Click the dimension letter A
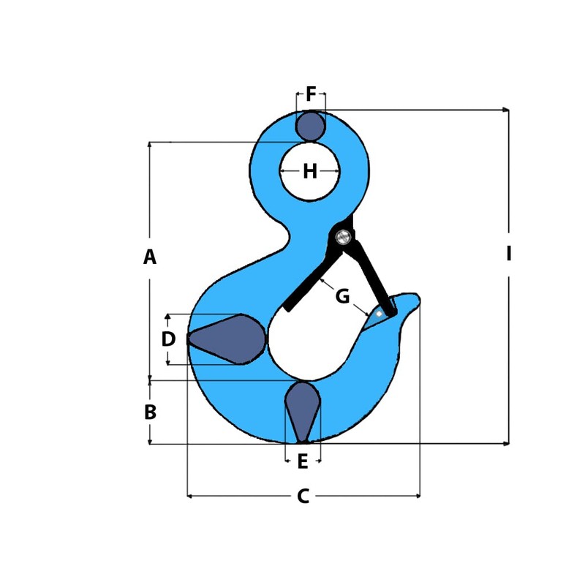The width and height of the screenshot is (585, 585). (x=150, y=257)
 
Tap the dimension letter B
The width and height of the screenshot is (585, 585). (x=150, y=412)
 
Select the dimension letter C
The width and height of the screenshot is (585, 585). (x=303, y=497)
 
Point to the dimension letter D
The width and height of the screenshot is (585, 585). (x=168, y=339)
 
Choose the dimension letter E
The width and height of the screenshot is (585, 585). (x=303, y=462)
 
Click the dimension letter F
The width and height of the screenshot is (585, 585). (x=311, y=95)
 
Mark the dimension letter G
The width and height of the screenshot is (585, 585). (x=342, y=297)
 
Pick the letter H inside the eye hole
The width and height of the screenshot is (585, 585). (x=310, y=172)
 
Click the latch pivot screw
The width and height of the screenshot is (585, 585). (x=343, y=236)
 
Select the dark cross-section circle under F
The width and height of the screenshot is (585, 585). (x=311, y=127)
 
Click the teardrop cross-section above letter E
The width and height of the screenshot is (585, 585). (x=302, y=409)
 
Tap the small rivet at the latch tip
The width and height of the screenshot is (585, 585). (x=379, y=313)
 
